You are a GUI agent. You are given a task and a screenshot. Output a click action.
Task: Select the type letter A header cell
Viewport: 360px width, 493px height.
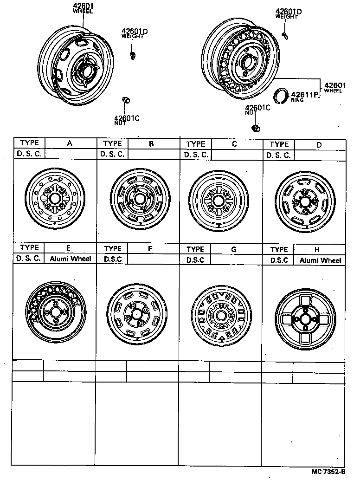pyautogui.click(x=70, y=143)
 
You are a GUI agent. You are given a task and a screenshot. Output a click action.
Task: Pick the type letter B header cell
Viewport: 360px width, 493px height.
pyautogui.click(x=151, y=144)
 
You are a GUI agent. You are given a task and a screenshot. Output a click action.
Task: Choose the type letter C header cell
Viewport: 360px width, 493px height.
pyautogui.click(x=234, y=144)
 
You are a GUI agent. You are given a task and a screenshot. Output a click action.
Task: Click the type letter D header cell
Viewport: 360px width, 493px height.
pyautogui.click(x=319, y=144)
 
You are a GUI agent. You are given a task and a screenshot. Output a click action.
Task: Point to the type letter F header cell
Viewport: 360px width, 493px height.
pyautogui.click(x=150, y=248)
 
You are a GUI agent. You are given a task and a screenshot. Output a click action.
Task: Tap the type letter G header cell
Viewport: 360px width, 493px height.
pyautogui.click(x=234, y=249)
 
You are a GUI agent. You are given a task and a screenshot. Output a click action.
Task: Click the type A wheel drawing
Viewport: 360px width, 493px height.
pyautogui.click(x=54, y=198)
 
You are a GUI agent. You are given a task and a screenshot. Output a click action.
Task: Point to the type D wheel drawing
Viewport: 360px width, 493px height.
pyautogui.click(x=304, y=200)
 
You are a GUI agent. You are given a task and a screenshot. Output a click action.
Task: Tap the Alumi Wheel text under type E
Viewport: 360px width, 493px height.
pyautogui.click(x=71, y=259)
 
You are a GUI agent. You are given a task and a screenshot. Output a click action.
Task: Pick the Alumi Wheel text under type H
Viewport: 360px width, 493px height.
pyautogui.click(x=320, y=260)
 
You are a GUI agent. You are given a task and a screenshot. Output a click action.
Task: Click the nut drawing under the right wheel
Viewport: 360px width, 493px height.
pyautogui.click(x=254, y=128)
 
